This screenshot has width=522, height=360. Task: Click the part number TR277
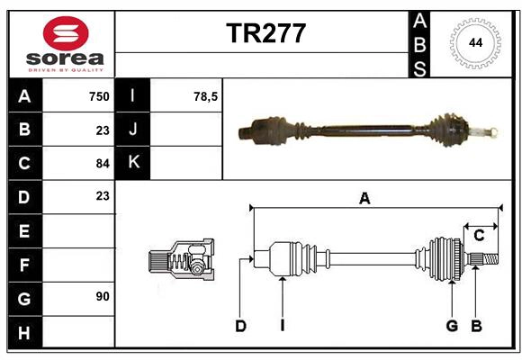265,33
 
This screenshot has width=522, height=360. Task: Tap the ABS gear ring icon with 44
473,42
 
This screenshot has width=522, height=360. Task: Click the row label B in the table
24,130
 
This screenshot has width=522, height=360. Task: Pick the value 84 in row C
102,164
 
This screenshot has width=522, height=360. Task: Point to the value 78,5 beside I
206,96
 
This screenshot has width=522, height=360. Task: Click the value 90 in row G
102,296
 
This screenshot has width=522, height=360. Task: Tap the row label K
133,163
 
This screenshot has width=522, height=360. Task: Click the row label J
133,130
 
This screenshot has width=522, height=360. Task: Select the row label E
24,230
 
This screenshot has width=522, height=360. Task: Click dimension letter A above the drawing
364,199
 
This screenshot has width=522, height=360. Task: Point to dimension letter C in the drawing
479,236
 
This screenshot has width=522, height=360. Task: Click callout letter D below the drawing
240,326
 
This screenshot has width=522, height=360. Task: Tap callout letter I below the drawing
282,326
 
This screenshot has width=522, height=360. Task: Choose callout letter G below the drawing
452,326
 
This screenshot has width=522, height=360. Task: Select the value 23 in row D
102,195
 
